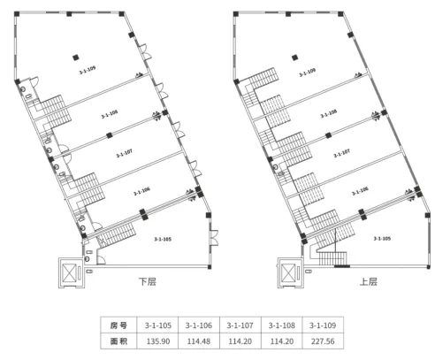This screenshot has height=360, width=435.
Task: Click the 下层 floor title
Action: click(148, 281)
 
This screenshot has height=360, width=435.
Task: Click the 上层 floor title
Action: click(369, 281)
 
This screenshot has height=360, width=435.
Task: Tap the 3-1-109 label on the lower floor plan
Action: click(88, 70)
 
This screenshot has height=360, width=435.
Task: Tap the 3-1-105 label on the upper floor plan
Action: click(382, 238)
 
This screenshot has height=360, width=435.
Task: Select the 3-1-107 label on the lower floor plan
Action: click(124, 153)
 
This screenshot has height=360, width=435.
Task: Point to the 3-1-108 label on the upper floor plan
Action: click(329, 113)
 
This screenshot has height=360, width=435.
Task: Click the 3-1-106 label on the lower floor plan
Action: click(141, 191)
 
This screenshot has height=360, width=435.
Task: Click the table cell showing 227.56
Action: click(323, 341)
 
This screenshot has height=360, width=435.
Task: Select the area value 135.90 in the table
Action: click(158, 341)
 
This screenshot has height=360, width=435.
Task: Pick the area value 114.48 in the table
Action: click(199, 341)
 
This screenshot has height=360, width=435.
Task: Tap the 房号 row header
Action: click(118, 326)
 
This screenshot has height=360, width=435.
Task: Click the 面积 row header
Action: click(118, 341)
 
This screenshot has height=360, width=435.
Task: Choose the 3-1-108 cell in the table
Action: click(282, 326)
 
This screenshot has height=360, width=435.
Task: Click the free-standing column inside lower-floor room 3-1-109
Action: click(76, 57)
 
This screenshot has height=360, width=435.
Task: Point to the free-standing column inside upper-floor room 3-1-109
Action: click(294, 57)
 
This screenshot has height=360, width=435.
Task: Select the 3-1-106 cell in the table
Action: click(199, 326)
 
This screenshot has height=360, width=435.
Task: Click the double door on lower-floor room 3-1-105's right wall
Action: click(214, 238)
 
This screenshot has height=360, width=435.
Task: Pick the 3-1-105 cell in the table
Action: click(158, 326)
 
